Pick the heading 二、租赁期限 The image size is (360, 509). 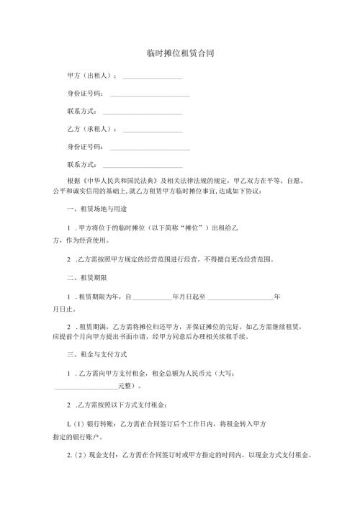click(87, 277)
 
